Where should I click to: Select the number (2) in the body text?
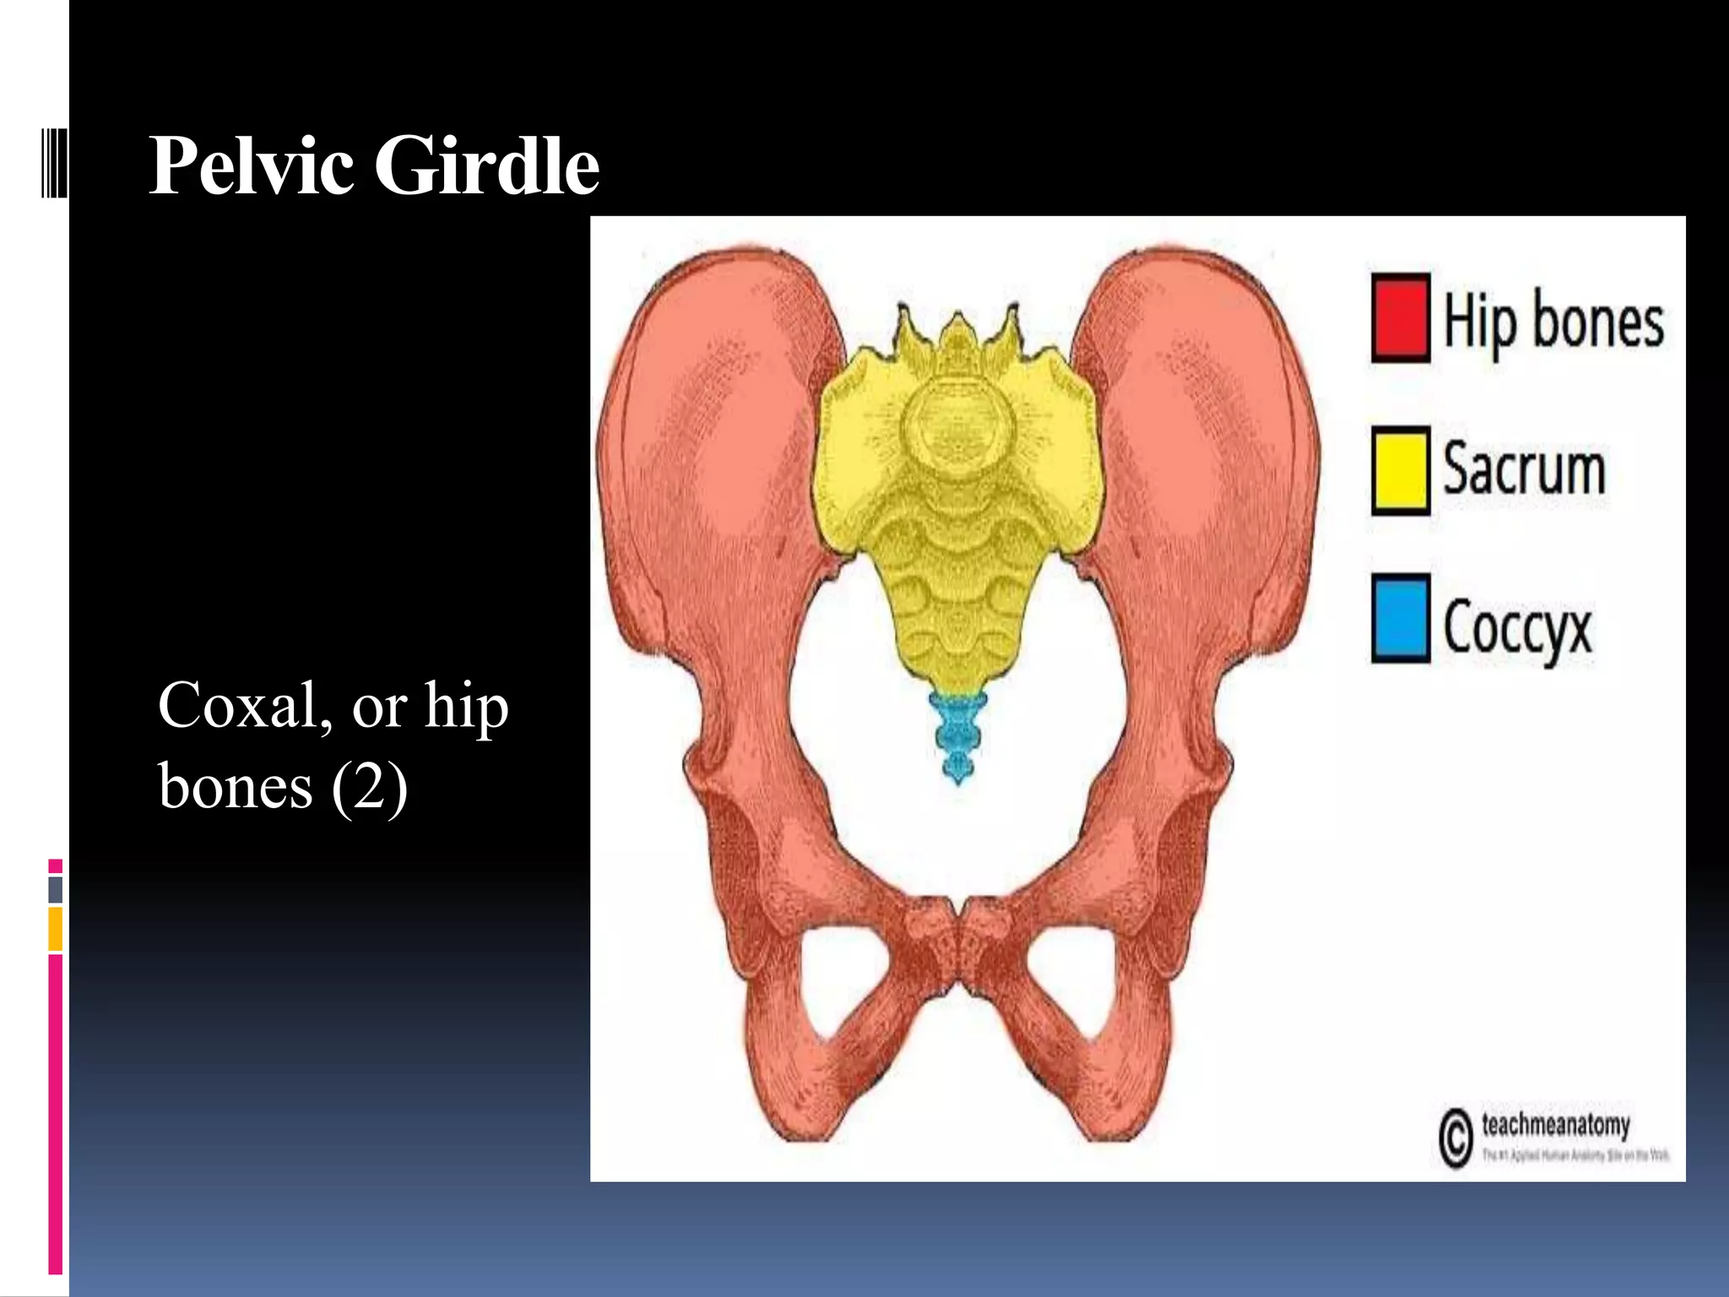click(370, 787)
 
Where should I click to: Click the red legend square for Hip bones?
click(1401, 318)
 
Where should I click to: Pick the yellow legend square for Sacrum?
click(1401, 470)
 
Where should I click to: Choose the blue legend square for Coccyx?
click(1401, 618)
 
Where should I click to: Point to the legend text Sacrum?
click(1524, 469)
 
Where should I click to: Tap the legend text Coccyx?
click(1517, 627)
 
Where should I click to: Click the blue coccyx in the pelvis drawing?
click(957, 735)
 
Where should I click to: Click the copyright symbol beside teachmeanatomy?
click(1455, 1139)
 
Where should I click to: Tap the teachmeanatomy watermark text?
click(1555, 1126)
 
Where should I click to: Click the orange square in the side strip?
click(56, 929)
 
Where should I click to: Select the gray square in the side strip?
click(56, 889)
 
